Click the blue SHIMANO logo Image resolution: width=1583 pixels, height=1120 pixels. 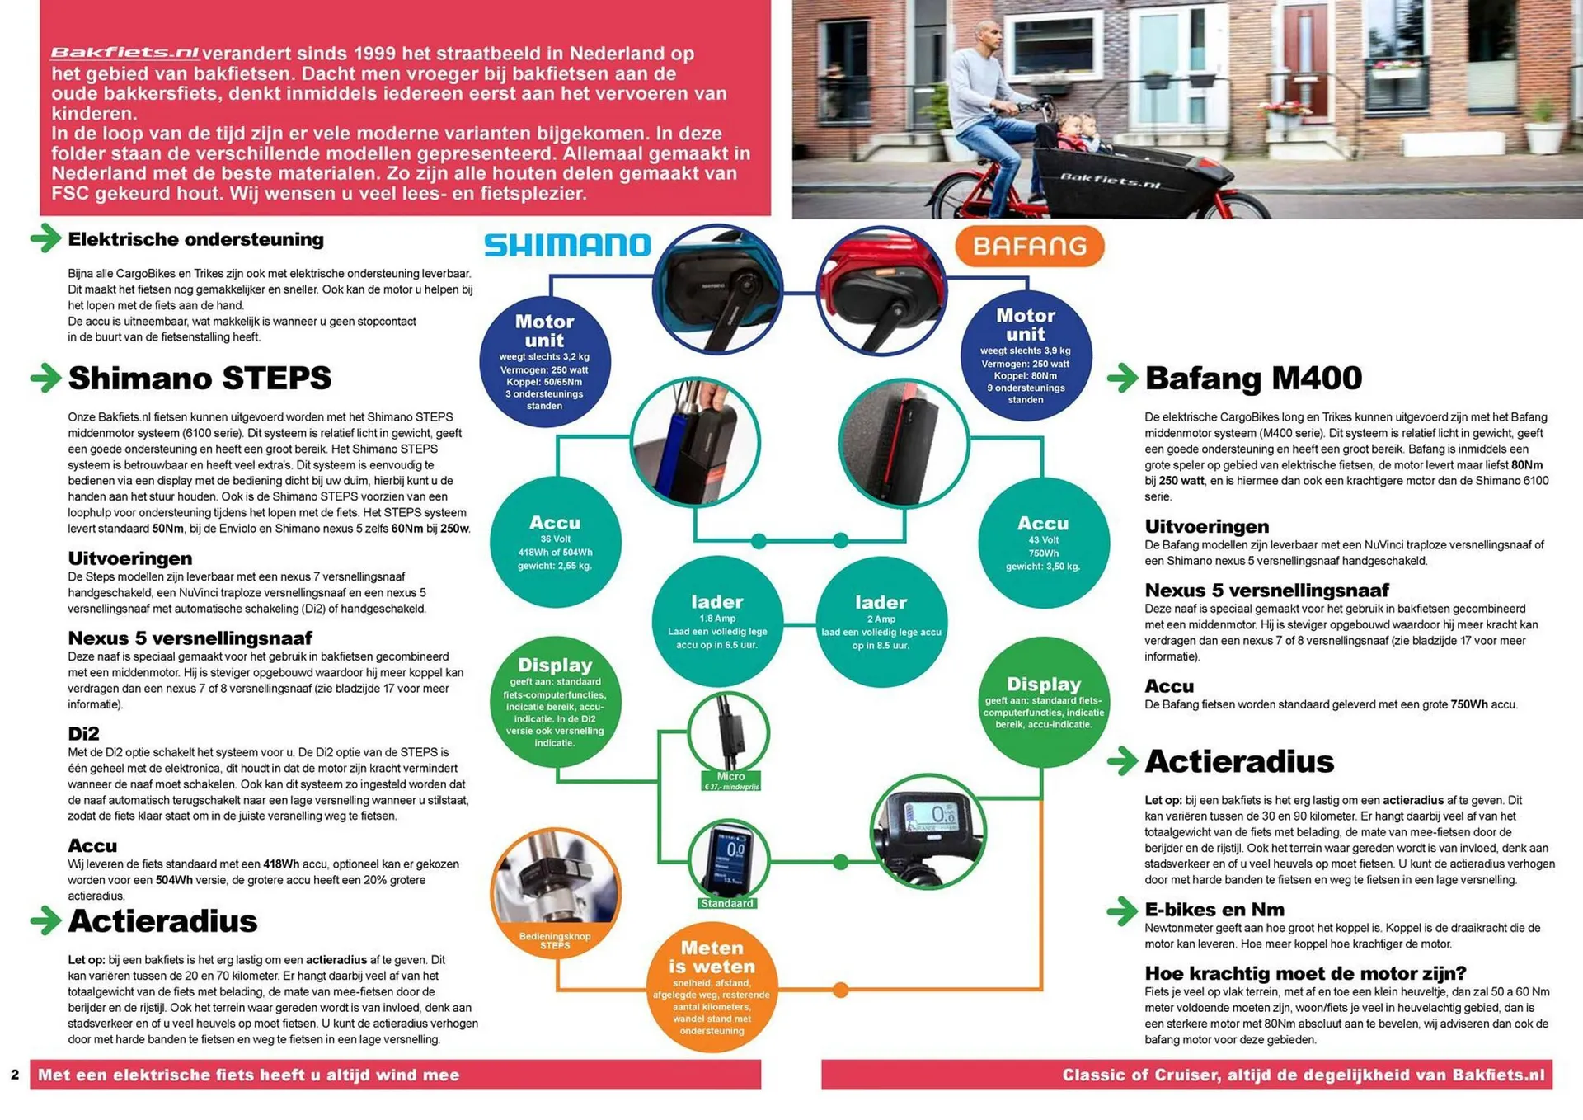[x=567, y=245]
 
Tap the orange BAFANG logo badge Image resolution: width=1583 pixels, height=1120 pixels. [x=1029, y=246]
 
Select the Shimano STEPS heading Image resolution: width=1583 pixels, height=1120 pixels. [x=200, y=378]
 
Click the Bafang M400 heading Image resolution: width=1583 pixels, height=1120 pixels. [x=1253, y=378]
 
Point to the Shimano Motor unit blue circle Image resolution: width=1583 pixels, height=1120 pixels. [x=545, y=361]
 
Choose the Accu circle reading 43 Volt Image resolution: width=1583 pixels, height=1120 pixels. [x=1043, y=544]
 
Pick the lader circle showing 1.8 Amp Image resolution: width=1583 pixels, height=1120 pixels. [x=717, y=623]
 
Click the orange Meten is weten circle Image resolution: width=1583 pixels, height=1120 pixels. [x=712, y=988]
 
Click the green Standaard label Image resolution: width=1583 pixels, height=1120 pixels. [x=726, y=903]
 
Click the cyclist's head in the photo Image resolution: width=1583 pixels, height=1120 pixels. [x=989, y=37]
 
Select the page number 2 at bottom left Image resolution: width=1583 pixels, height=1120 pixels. [x=15, y=1075]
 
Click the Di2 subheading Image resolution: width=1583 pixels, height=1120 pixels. [x=83, y=733]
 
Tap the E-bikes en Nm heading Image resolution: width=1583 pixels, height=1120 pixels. [x=1214, y=909]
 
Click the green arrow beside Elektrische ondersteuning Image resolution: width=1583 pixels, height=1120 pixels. [x=46, y=238]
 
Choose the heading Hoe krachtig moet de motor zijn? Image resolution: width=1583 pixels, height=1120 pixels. [x=1305, y=972]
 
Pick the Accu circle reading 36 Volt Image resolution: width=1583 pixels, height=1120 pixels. [x=555, y=544]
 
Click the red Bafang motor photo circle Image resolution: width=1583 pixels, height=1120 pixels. [x=881, y=291]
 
